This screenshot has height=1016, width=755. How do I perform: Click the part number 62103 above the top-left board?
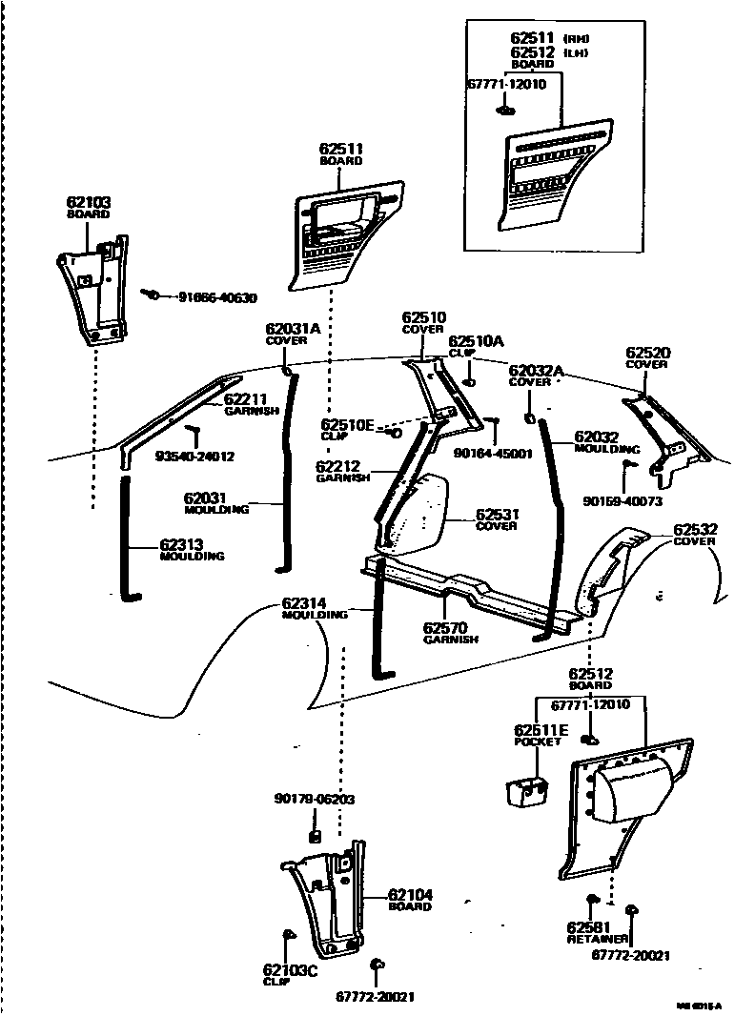point(89,202)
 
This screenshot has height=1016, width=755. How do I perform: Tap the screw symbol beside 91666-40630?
point(152,295)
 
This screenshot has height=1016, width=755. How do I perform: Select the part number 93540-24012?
point(194,456)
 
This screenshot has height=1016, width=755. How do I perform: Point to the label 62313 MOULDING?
point(192,551)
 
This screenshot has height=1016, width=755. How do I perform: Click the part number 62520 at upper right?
point(648,353)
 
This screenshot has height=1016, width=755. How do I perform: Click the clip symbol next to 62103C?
point(288,935)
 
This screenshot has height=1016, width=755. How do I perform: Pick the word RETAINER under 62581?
point(598,938)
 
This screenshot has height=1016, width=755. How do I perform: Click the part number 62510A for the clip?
point(476,340)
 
